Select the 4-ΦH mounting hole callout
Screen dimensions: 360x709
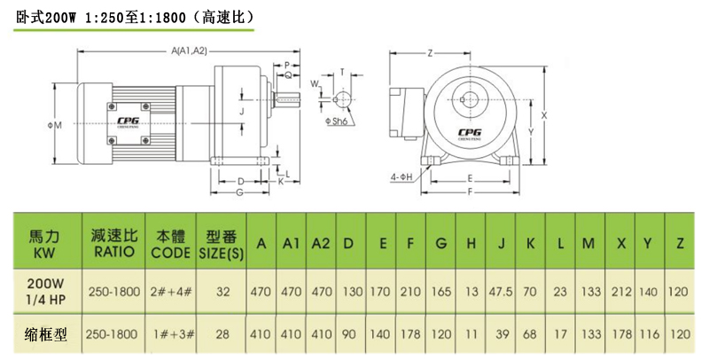[x=401, y=176]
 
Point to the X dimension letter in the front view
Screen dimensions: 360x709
[x=544, y=115]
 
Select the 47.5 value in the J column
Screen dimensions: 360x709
[x=502, y=290]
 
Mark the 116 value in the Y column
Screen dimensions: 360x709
[x=650, y=334]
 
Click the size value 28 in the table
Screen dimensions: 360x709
[x=222, y=334]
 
